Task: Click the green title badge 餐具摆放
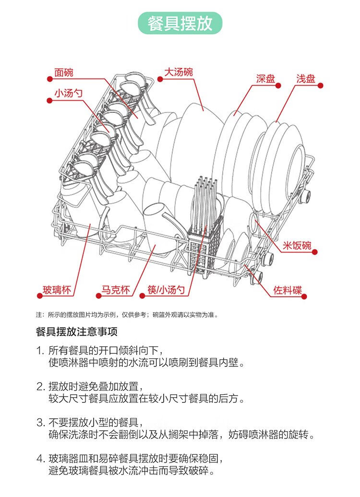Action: pos(180,23)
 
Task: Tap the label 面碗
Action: pos(64,73)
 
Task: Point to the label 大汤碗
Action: pos(179,72)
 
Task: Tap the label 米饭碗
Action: pos(296,246)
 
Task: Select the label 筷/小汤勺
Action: pos(166,290)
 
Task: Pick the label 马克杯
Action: pos(115,290)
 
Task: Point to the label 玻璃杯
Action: pos(57,290)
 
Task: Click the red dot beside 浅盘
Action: pos(321,85)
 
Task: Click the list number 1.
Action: pos(40,350)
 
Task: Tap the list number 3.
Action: pos(40,423)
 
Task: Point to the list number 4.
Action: pos(40,458)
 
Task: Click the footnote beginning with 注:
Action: pos(127,315)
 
